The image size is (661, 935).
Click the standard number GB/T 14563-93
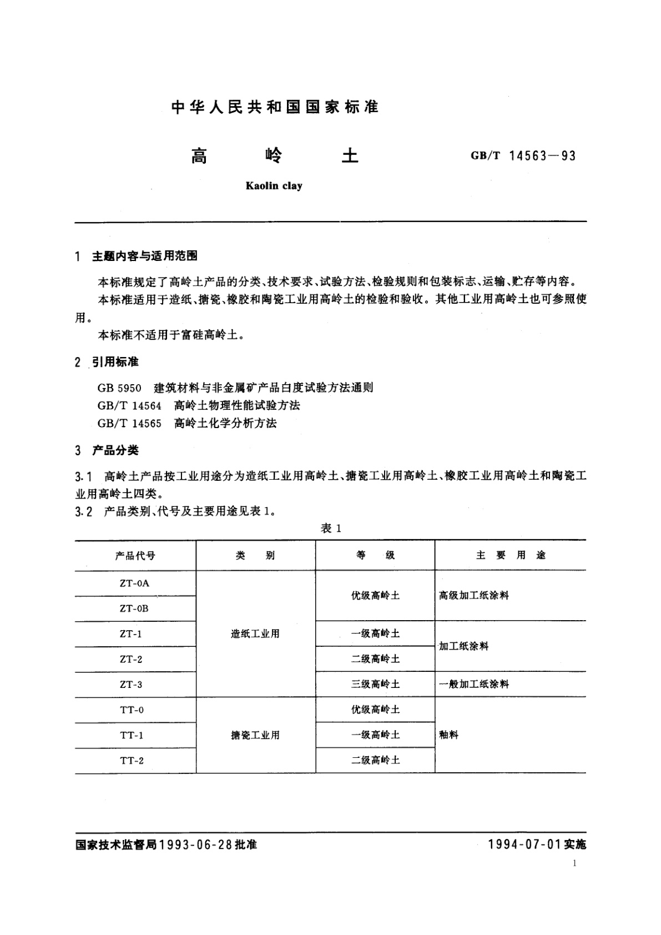[523, 156]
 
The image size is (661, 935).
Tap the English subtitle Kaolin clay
[274, 186]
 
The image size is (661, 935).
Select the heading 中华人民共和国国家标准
[275, 107]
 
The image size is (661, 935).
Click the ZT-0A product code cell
[134, 584]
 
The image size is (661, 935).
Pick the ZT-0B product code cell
[134, 609]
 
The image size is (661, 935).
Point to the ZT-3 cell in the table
[131, 685]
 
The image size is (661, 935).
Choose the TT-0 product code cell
[132, 710]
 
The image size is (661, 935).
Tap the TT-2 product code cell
[132, 761]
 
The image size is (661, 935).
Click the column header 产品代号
[135, 556]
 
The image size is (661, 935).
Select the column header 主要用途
[511, 555]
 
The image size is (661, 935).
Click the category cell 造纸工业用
[255, 634]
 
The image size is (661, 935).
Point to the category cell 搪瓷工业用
[255, 735]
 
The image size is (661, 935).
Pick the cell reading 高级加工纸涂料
[473, 596]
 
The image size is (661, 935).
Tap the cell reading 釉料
[449, 735]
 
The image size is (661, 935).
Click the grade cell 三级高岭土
[375, 685]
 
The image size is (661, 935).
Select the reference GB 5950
[119, 388]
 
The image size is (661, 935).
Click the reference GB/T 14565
[129, 424]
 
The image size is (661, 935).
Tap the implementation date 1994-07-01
[524, 844]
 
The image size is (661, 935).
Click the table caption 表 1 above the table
[331, 529]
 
